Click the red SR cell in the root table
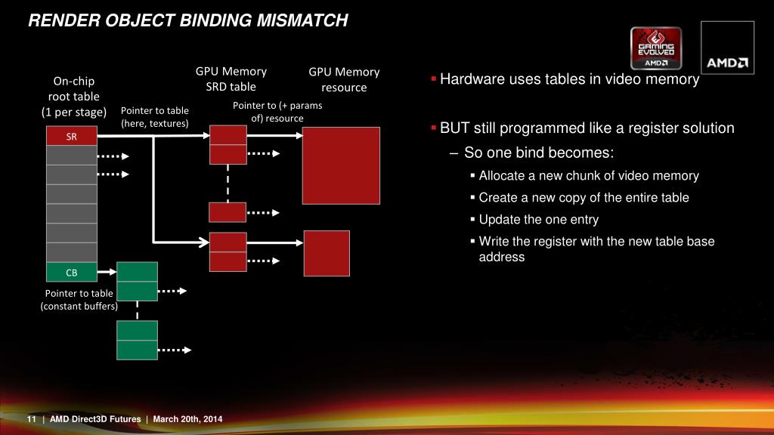click(71, 137)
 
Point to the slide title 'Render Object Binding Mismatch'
click(188, 21)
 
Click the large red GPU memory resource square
click(341, 165)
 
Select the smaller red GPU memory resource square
click(327, 253)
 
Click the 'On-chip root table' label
click(73, 97)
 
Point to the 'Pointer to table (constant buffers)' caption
click(79, 300)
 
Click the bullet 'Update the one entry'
click(538, 220)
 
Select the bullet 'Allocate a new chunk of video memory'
click(589, 176)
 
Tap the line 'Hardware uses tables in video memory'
click(569, 79)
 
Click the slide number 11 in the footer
click(32, 420)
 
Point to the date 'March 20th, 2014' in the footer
click(187, 420)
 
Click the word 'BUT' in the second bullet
click(455, 128)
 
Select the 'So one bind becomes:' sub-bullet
click(539, 153)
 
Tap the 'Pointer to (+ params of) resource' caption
click(277, 112)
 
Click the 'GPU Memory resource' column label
click(344, 79)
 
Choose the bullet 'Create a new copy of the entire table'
click(584, 198)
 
